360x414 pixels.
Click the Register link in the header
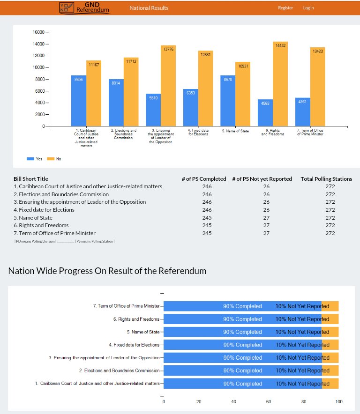[x=285, y=8]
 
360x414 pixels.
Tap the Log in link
[x=308, y=8]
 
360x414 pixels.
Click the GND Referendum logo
[x=84, y=7]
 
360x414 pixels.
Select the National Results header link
[x=149, y=8]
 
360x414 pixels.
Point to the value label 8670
[x=228, y=80]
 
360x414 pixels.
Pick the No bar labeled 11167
[x=94, y=93]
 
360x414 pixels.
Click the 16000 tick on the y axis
[x=38, y=32]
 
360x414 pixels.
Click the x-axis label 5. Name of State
[x=235, y=131]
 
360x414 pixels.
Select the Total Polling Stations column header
[x=326, y=179]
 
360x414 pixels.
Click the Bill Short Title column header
[x=31, y=179]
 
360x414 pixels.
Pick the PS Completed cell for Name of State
[x=207, y=218]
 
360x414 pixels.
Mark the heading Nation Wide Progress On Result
[x=107, y=271]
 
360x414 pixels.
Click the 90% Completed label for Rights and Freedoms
[x=242, y=319]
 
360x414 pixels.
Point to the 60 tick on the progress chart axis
[x=269, y=402]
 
